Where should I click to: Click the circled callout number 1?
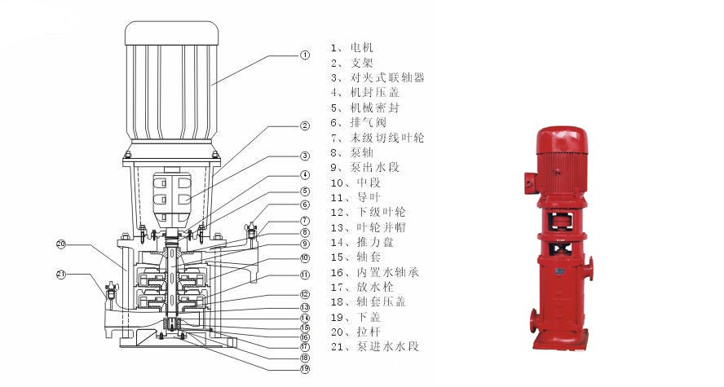305,55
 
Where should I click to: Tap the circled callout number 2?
305,125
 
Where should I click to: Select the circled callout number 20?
61,244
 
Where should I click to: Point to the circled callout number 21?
61,274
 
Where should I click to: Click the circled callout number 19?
305,368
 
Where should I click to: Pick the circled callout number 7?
305,220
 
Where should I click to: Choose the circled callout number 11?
305,275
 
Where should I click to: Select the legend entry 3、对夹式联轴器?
377,78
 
